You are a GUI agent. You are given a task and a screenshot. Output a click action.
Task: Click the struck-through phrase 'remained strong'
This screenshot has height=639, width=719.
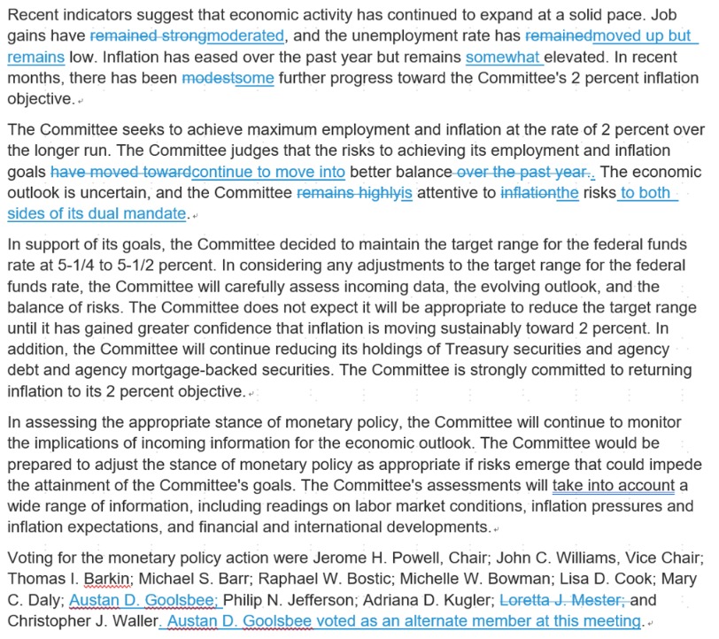coord(148,35)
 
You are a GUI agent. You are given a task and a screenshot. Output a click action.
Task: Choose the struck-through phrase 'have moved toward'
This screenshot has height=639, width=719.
coord(120,172)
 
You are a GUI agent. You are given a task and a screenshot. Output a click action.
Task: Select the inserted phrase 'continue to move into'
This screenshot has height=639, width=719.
coord(268,172)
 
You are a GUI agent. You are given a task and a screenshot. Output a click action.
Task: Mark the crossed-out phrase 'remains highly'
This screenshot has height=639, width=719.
coord(348,193)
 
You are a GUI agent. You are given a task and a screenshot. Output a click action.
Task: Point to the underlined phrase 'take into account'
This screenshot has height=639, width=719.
coord(614,485)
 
